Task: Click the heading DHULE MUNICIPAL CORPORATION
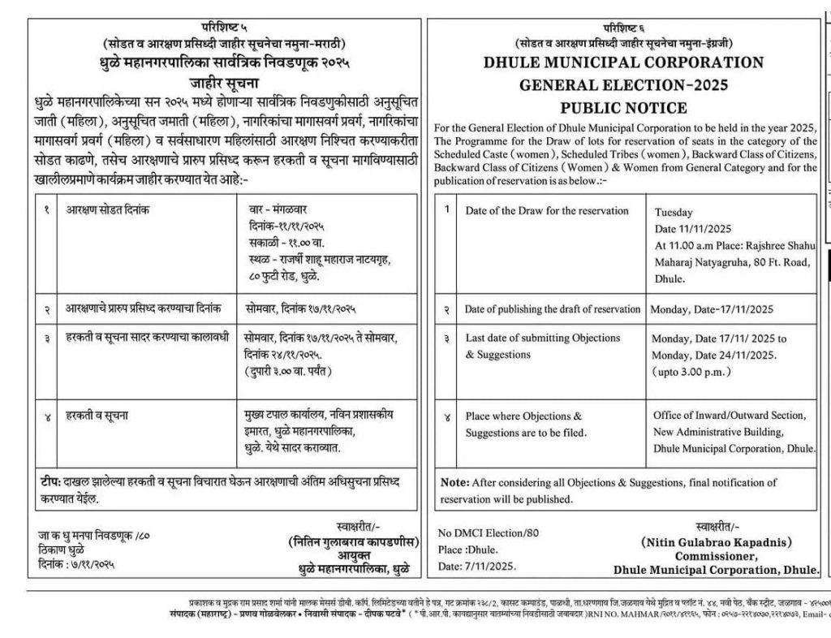pos(623,63)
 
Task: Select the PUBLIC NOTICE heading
pos(623,107)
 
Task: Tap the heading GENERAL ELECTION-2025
pos(623,84)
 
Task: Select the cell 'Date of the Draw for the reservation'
pos(547,211)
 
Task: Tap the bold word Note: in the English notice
pos(454,482)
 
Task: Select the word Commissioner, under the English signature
pos(717,556)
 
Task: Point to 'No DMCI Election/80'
pos(489,533)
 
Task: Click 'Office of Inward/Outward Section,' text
pos(730,416)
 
